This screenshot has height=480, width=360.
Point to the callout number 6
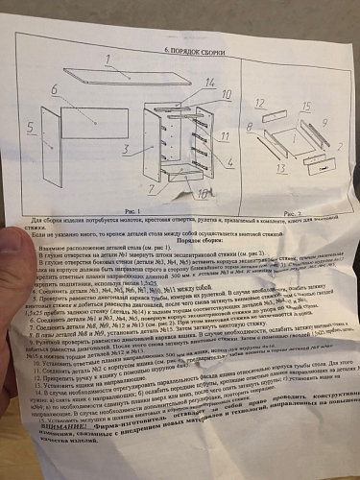[x=55, y=89]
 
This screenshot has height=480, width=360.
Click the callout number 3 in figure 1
[x=123, y=149]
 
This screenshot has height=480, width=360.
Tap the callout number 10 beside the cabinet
[x=227, y=96]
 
